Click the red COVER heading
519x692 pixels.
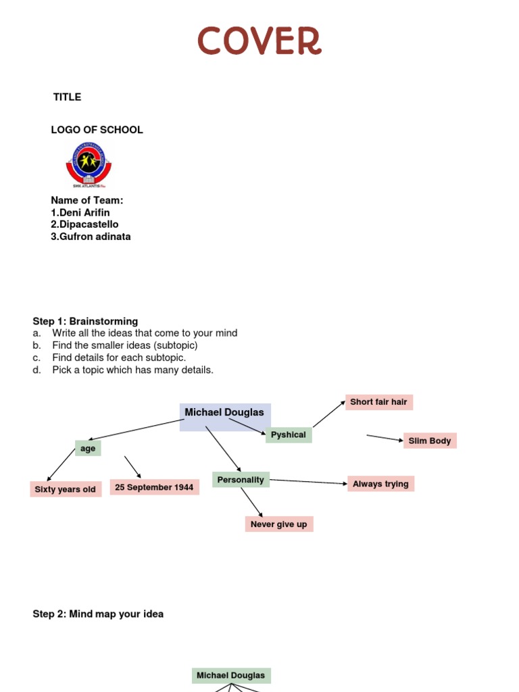[259, 41]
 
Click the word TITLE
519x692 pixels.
[67, 97]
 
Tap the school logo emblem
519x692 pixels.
[89, 164]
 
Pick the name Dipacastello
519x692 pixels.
[84, 224]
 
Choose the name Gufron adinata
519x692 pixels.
[91, 237]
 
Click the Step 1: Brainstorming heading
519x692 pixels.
[85, 321]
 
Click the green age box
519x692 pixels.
[88, 448]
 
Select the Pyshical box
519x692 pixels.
[289, 435]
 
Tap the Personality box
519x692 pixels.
[241, 480]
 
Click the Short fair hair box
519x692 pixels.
[378, 402]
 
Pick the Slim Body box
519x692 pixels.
[430, 441]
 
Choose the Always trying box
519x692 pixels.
[380, 484]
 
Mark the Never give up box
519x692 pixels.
[278, 524]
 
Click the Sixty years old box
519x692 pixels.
[66, 489]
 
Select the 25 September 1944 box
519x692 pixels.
[154, 487]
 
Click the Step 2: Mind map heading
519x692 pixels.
[98, 614]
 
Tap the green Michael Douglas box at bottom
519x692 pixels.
[231, 676]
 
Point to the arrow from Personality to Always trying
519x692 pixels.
[309, 482]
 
